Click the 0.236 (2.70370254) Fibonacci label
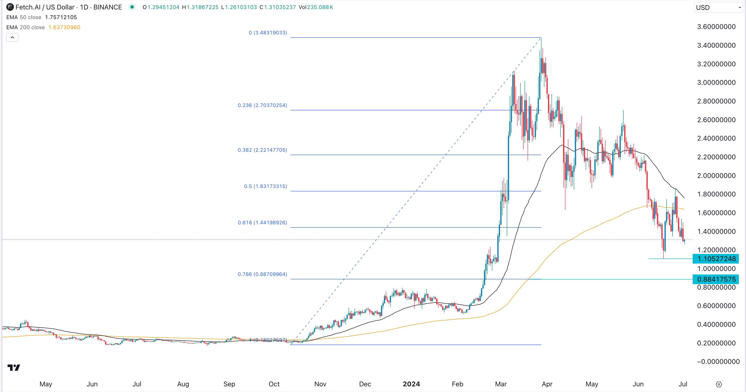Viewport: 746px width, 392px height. [x=262, y=105]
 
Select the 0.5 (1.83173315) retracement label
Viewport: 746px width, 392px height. [x=265, y=186]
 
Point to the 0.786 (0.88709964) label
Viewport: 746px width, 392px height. [x=262, y=274]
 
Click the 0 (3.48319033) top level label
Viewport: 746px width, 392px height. [x=268, y=33]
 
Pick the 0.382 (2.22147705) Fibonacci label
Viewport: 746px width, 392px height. [x=262, y=150]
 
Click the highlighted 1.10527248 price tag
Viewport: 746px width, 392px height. [x=716, y=259]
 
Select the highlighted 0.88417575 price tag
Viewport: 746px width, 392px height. [x=716, y=279]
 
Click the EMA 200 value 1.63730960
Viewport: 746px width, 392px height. [x=64, y=27]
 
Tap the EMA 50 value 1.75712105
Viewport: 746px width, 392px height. [x=61, y=17]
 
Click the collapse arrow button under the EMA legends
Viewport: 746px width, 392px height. [x=12, y=37]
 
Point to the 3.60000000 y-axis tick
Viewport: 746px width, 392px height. [x=716, y=27]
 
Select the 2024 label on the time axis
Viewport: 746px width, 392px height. [x=411, y=384]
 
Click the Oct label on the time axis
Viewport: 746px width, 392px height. [x=274, y=384]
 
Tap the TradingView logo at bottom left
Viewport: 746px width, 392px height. [x=14, y=367]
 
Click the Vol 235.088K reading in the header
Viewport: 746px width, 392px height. [x=316, y=7]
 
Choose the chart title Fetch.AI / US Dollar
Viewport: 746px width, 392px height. [x=45, y=7]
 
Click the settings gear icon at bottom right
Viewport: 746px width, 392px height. [x=718, y=384]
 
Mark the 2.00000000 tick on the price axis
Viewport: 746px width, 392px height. [x=716, y=176]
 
